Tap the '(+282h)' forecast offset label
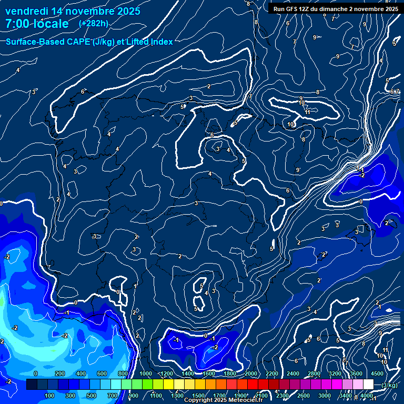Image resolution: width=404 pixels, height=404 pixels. point(93,23)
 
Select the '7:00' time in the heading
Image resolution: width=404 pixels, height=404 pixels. point(16,24)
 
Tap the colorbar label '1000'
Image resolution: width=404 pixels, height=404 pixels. point(146,373)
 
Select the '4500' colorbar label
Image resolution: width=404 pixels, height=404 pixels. point(377,373)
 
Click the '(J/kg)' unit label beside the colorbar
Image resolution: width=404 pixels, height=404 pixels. point(389,385)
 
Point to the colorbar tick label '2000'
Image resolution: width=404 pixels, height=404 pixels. point(250,373)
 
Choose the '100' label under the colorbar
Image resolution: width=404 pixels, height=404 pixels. point(49,396)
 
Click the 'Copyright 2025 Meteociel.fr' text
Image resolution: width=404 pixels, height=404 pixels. point(223,400)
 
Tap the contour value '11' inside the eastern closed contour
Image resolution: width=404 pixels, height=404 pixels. point(307,112)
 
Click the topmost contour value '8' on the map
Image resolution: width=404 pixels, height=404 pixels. point(248,4)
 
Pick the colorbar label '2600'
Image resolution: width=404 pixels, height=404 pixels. point(304,396)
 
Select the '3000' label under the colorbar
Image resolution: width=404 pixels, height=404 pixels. point(325,396)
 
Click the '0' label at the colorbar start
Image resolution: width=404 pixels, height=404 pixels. point(35,373)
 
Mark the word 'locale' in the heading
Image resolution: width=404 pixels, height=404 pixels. point(51,24)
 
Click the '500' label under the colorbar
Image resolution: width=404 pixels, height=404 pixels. point(92,396)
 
